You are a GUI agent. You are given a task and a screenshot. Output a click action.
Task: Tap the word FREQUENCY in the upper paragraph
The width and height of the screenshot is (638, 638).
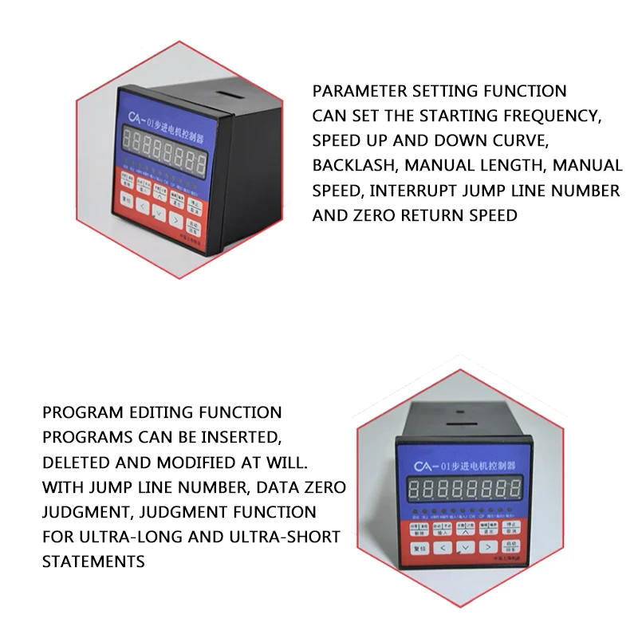tap(549, 116)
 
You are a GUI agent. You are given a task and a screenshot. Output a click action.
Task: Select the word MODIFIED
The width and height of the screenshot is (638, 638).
tap(200, 462)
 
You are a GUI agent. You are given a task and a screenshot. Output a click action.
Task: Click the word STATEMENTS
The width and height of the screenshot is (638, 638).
tap(93, 561)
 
